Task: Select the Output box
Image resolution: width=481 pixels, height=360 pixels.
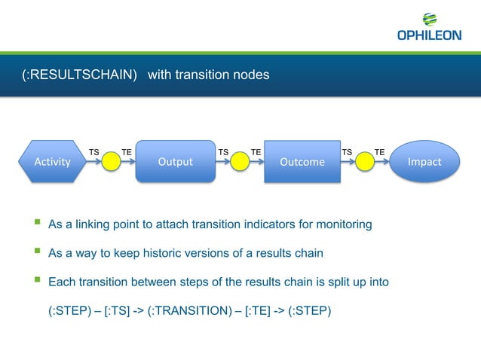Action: [x=175, y=161]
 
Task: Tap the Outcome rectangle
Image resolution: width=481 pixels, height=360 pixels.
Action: [x=302, y=162]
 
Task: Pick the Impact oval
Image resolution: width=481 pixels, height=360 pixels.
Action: [x=424, y=161]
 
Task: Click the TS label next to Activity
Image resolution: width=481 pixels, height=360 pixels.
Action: [x=94, y=152]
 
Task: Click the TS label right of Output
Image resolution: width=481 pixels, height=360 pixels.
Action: [x=223, y=152]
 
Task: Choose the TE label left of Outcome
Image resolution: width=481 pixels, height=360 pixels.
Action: [x=256, y=152]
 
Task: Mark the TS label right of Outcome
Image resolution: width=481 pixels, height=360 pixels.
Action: [x=347, y=152]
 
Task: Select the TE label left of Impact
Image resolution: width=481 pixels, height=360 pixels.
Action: [x=380, y=152]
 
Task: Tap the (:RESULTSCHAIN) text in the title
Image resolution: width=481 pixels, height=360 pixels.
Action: [x=79, y=75]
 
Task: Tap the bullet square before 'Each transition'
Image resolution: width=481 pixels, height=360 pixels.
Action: [x=35, y=282]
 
